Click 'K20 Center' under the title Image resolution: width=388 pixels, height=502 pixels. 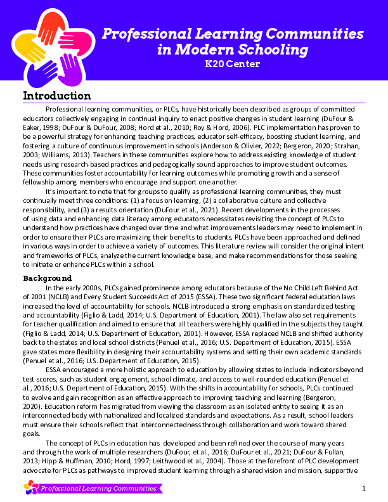(x=233, y=63)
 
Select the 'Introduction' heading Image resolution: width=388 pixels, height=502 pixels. (x=57, y=96)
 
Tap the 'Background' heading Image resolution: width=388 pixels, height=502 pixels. (x=48, y=278)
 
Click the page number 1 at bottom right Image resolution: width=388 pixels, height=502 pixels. (x=364, y=488)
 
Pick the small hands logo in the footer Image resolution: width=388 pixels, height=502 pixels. (x=30, y=487)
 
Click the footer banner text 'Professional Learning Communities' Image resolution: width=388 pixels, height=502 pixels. (x=98, y=489)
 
